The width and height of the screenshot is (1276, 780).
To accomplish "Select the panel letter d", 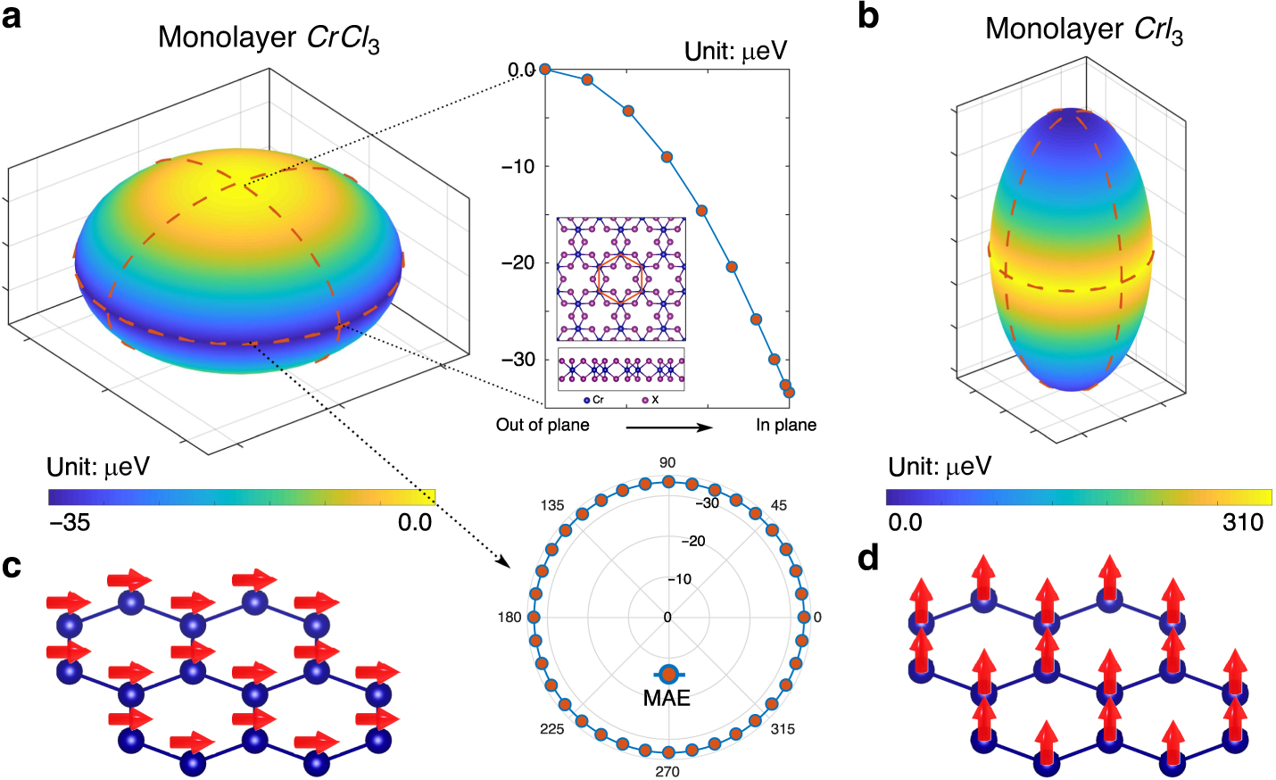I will [867, 559].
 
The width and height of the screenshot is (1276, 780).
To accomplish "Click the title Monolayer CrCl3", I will [269, 38].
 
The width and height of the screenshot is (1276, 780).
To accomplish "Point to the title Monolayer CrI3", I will [1083, 29].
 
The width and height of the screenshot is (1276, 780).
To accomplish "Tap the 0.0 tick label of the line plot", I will [521, 70].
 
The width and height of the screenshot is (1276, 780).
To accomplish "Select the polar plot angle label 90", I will [667, 462].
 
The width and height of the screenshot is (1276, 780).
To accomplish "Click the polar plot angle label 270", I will [667, 771].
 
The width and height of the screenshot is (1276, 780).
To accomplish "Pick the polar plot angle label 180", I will [510, 618].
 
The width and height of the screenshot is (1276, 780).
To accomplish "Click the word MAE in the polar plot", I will [667, 698].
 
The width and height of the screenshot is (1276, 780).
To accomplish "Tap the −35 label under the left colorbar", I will [70, 522].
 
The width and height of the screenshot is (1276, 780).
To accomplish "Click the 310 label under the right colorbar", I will [1243, 522].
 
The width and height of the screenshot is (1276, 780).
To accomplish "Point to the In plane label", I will [786, 425].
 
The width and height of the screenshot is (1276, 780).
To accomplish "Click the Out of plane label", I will [543, 425].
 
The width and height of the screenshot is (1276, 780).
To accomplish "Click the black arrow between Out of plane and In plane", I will [669, 427].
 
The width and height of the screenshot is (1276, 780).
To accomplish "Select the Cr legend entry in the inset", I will [594, 400].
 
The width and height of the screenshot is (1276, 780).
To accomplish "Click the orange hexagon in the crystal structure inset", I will [621, 278].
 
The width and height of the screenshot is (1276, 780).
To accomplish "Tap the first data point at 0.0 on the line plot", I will [544, 70].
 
